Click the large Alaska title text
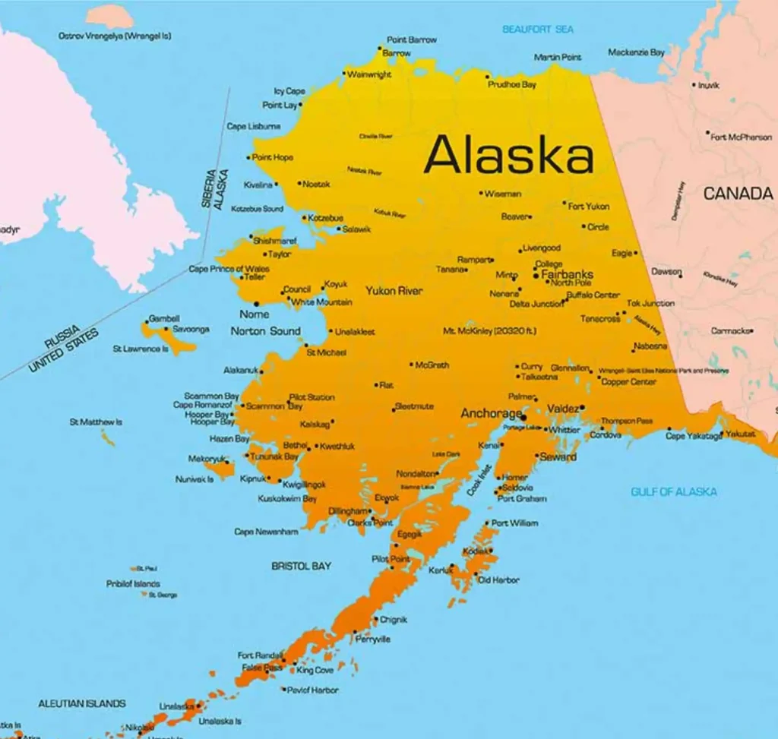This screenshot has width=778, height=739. (508, 156)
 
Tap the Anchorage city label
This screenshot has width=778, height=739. (491, 414)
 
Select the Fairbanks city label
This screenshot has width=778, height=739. (567, 274)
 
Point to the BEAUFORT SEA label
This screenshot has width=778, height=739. (538, 29)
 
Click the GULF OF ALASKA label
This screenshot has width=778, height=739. (673, 491)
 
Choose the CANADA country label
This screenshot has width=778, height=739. (737, 194)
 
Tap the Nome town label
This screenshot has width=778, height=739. (254, 314)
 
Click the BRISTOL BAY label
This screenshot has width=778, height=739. (301, 566)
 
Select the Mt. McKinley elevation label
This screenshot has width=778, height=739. (489, 331)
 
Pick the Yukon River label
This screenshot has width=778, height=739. (394, 291)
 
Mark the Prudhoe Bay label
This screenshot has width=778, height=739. (511, 84)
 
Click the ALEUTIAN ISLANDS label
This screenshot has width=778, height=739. (82, 703)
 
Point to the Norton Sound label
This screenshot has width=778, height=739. (265, 331)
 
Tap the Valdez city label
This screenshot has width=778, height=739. (562, 409)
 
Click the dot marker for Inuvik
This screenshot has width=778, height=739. (694, 85)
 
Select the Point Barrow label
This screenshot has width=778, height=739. (411, 39)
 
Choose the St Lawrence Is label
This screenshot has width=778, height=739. (141, 349)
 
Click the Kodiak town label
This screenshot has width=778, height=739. (477, 551)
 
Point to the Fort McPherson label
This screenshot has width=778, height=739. (741, 137)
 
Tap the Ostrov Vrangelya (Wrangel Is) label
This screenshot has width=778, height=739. (115, 36)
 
